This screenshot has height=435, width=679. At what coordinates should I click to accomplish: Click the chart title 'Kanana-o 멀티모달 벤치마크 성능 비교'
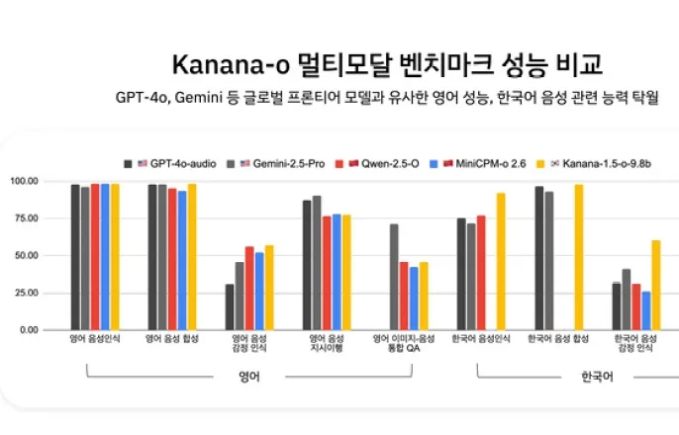tap(387, 65)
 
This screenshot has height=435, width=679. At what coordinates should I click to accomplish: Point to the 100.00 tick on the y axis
tap(24, 182)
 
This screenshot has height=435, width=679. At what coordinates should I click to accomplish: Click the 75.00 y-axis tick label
tap(26, 218)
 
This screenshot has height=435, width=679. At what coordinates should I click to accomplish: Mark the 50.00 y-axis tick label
tap(26, 256)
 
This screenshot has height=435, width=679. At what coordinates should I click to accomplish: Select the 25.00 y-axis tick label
tap(26, 294)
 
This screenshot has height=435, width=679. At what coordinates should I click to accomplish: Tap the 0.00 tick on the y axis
tap(28, 330)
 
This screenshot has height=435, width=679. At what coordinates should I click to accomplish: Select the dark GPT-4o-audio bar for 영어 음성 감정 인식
tap(230, 306)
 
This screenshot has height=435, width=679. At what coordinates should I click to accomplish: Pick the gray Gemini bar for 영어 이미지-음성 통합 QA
tap(394, 277)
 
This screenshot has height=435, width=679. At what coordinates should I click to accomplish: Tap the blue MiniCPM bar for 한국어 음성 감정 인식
tap(645, 310)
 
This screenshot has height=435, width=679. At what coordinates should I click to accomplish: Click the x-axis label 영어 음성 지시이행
tap(327, 344)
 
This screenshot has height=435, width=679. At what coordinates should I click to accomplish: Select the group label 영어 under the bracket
tap(249, 377)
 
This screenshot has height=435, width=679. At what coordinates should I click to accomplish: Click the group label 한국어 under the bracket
tap(593, 377)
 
